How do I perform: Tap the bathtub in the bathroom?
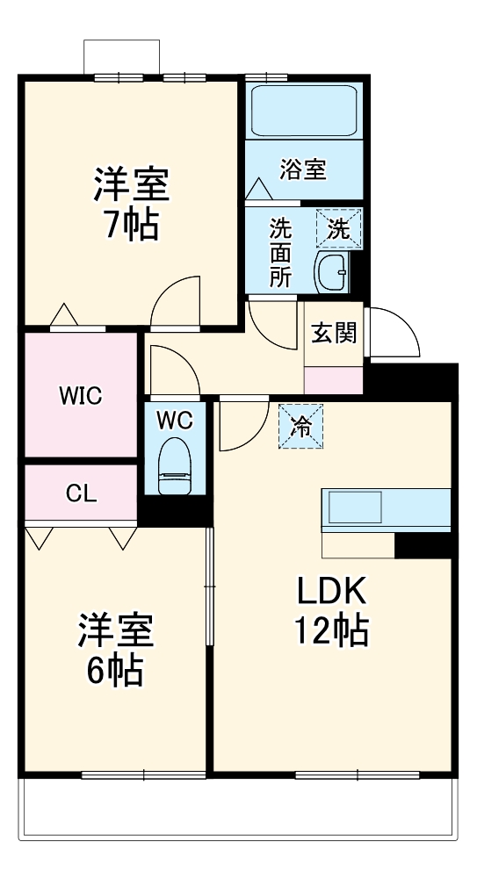[303, 112]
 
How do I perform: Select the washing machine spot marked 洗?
[338, 228]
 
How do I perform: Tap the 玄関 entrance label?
[334, 334]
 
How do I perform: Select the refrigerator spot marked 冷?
[301, 427]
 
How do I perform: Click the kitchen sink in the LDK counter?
[355, 508]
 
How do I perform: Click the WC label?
[174, 421]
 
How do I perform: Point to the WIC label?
[80, 396]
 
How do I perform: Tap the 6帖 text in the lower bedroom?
[115, 671]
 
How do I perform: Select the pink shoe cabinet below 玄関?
[333, 380]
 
